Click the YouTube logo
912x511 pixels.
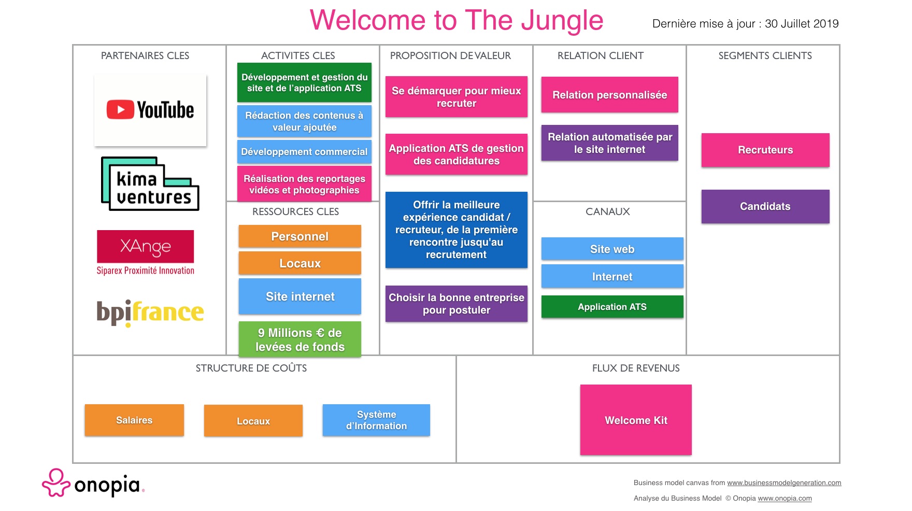coord(150,110)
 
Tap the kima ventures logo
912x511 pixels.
coord(150,183)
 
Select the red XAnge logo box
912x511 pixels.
coord(145,246)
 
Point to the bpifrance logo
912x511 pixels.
coord(150,313)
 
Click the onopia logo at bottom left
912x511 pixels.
coord(93,483)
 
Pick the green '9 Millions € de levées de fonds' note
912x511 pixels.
coord(300,339)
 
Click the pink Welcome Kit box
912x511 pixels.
coord(636,420)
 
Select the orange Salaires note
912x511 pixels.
coord(134,420)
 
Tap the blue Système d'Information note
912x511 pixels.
coord(376,420)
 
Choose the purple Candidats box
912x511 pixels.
coord(765,206)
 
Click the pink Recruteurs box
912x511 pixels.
coord(765,150)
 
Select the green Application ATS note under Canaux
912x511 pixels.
coord(612,306)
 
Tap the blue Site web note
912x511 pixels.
coord(612,249)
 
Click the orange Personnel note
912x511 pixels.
coord(300,236)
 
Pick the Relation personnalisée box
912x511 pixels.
coord(610,95)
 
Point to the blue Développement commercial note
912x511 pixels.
coord(304,151)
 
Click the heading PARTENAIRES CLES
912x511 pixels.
coord(145,55)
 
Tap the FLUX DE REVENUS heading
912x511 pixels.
coord(636,368)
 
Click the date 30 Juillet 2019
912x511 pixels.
coord(802,23)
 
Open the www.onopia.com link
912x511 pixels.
coord(785,498)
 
